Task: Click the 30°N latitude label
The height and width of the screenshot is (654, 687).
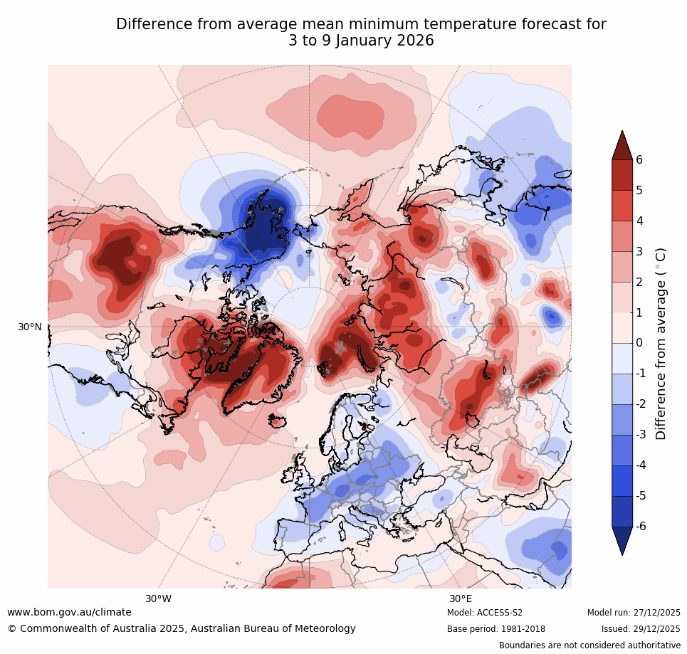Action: [30, 327]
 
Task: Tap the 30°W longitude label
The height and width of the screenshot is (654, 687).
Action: [158, 598]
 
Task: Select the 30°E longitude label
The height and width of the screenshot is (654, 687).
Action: [461, 598]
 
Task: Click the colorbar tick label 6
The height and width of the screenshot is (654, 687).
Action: [639, 159]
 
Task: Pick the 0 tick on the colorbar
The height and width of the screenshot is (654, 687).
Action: [639, 343]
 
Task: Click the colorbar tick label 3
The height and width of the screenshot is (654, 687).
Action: [639, 251]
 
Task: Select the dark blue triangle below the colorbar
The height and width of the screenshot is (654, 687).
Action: [622, 540]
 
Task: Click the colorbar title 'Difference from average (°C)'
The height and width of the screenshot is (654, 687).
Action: [661, 343]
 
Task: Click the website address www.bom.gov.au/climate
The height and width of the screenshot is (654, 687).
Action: [69, 612]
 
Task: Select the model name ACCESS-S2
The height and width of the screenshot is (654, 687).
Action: [500, 613]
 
